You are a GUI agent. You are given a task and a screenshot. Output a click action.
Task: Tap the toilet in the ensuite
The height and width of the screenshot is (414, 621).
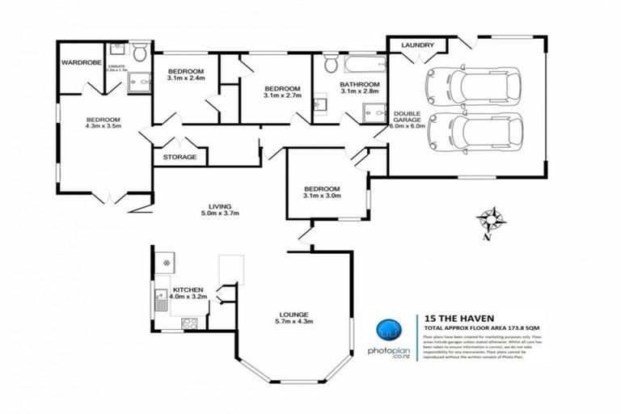pyautogui.click(x=139, y=54)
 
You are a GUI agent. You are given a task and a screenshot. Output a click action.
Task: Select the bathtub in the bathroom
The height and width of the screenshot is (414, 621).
pyautogui.click(x=359, y=63)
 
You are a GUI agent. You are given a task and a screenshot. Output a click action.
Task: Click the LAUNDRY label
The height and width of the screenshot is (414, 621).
pyautogui.click(x=418, y=46)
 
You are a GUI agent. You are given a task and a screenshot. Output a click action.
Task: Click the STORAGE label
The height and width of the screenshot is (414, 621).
pyautogui.click(x=180, y=157)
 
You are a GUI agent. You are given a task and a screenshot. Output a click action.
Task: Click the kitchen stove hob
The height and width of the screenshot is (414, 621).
pyautogui.click(x=190, y=323)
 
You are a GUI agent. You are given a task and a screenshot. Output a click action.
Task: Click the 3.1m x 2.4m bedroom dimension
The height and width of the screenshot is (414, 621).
pyautogui.click(x=185, y=79)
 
